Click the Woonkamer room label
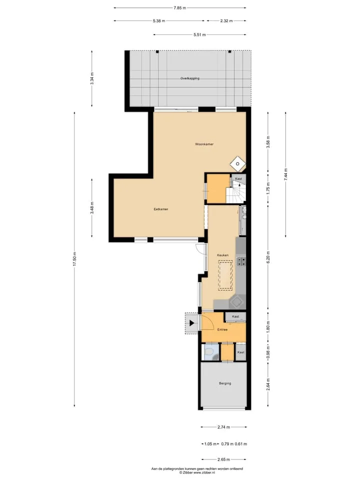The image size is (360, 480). tap(204, 144)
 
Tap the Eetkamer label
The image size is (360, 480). tap(160, 209)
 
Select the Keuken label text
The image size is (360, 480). tap(222, 255)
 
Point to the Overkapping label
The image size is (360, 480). tap(190, 78)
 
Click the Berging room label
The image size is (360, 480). tap(225, 383)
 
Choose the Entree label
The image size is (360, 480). tap(222, 329)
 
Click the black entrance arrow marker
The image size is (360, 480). tap(192, 323)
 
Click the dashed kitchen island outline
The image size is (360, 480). tap(225, 275)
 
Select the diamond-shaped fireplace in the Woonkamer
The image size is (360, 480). tap(238, 163)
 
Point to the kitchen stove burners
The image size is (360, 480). tap(241, 261)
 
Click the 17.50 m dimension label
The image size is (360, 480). tap(74, 259)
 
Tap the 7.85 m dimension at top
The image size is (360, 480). tap(179, 8)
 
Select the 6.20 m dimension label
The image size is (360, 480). tap(268, 257)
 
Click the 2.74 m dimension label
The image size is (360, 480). tap(224, 427)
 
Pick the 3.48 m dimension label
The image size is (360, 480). tap(92, 208)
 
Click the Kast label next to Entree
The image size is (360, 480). tap(235, 316)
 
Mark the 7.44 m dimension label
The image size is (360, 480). tap(286, 175)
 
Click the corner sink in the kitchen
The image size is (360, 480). tap(237, 302)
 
